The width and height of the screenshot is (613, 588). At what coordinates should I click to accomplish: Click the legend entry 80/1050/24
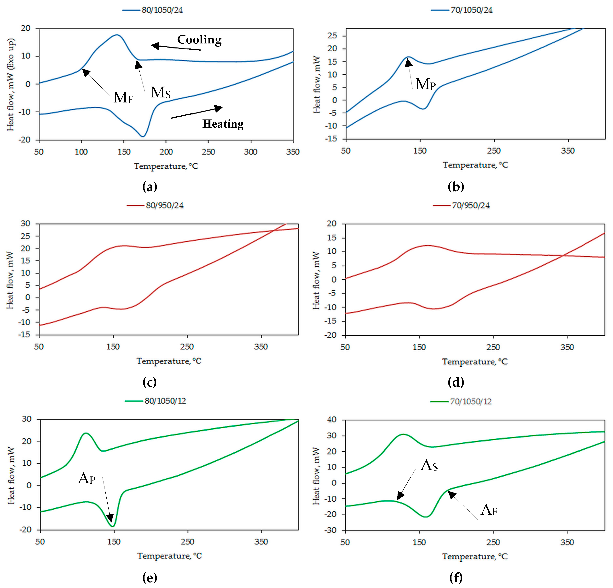point(153,10)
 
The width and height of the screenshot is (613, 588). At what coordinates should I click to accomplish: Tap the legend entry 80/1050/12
point(156,401)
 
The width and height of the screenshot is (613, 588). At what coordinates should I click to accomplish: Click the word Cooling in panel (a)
point(200,40)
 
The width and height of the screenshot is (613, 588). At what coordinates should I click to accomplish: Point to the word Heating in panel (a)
point(223,124)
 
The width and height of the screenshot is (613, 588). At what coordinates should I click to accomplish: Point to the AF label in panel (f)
point(489,510)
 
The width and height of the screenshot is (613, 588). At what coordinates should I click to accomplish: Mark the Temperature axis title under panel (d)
point(475,362)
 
